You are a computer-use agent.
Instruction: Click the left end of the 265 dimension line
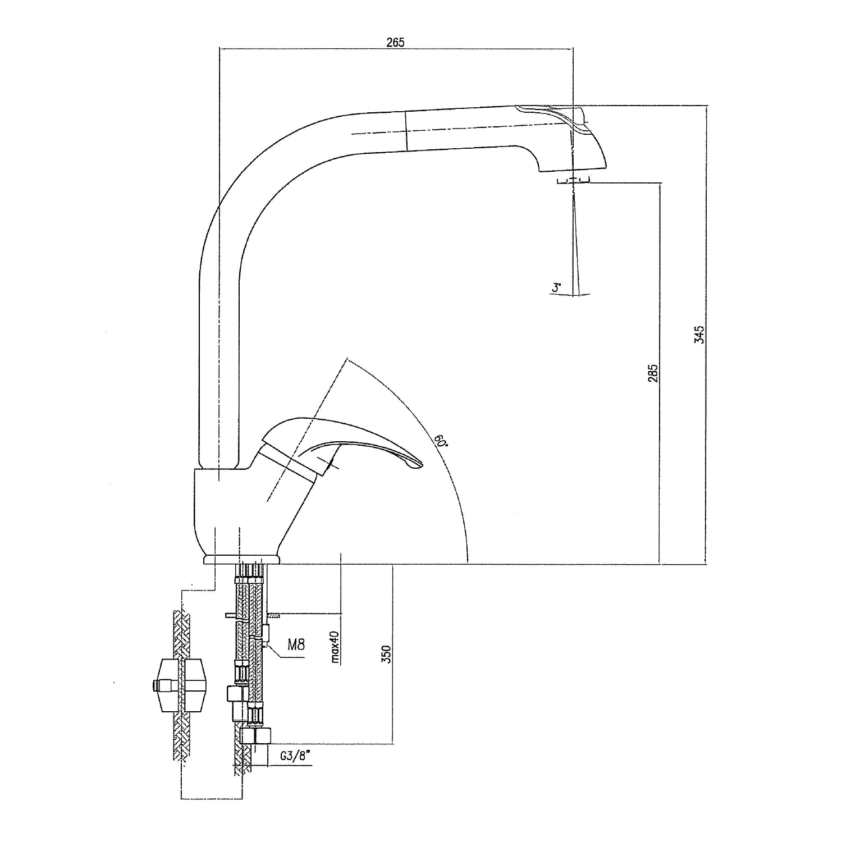(218, 49)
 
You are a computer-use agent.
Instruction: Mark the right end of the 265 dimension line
(573, 49)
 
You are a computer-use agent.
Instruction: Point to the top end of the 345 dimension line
(706, 106)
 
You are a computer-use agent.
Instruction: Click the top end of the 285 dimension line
(660, 182)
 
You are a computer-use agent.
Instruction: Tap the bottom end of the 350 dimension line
(393, 744)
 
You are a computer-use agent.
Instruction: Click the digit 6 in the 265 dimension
(395, 42)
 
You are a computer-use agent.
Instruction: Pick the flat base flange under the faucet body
(242, 559)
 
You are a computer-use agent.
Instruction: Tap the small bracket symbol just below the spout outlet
(573, 180)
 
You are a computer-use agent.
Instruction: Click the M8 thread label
(296, 644)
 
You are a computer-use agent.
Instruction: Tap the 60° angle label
(441, 440)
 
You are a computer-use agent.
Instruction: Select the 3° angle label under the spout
(556, 288)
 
